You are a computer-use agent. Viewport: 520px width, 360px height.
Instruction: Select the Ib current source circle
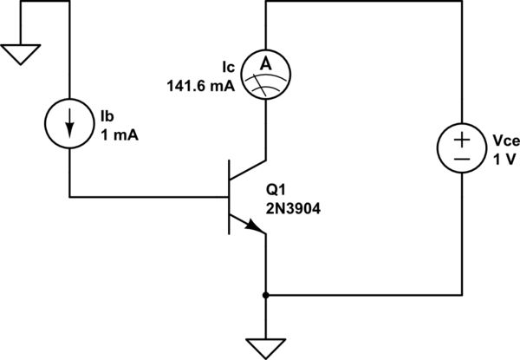(68, 126)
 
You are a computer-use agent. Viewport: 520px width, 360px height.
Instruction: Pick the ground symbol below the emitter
(264, 346)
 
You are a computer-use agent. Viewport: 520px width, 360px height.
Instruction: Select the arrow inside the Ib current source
(68, 127)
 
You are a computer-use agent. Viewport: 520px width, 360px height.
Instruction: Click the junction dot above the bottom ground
(264, 295)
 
